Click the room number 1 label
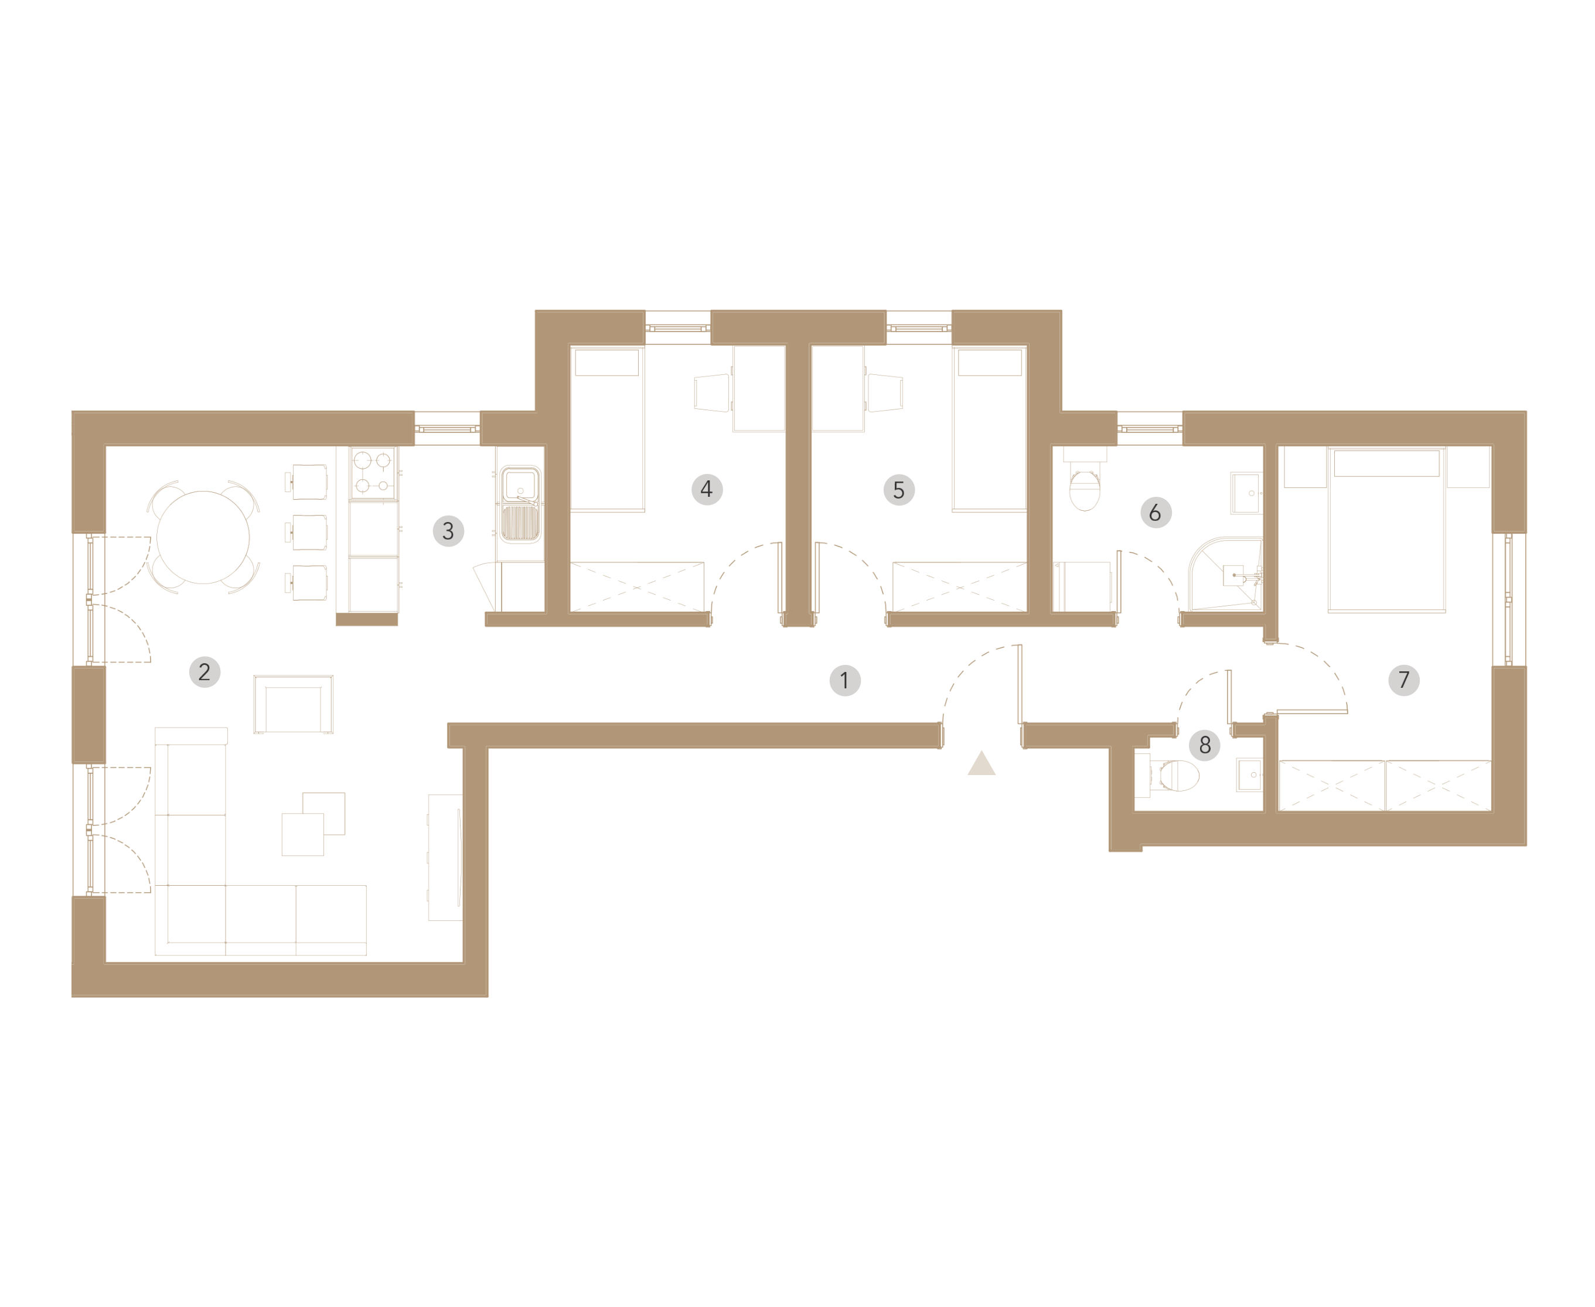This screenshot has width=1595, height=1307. coord(844,681)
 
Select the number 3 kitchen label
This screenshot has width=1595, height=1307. coord(448,531)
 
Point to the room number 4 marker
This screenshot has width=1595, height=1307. coord(706,489)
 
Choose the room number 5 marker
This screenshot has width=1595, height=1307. coord(898,490)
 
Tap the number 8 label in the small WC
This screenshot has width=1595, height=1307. coord(1204,745)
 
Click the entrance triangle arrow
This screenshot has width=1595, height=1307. coord(981,763)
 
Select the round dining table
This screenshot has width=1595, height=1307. coord(203,538)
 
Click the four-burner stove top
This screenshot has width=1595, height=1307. coord(373,473)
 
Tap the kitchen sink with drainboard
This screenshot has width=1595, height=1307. coord(520,504)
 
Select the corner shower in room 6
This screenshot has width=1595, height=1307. coord(1225,574)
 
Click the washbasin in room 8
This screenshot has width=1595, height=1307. coord(1249,774)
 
